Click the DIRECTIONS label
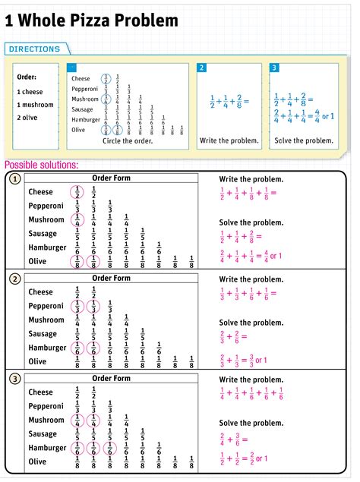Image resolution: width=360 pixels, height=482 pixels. pyautogui.click(x=34, y=49)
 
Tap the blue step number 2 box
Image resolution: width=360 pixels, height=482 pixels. pyautogui.click(x=202, y=68)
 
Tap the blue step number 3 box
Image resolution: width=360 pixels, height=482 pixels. pyautogui.click(x=274, y=68)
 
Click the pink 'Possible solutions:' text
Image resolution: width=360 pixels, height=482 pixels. pyautogui.click(x=42, y=165)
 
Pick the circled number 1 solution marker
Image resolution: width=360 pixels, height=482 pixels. pyautogui.click(x=14, y=179)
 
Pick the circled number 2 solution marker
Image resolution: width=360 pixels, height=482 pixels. pyautogui.click(x=14, y=279)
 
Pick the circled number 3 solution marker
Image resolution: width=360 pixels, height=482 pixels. pyautogui.click(x=14, y=379)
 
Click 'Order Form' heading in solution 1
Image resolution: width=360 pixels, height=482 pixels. pyautogui.click(x=111, y=178)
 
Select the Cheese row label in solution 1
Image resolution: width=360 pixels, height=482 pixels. pyautogui.click(x=41, y=192)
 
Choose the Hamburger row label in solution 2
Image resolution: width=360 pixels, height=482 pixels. pyautogui.click(x=48, y=348)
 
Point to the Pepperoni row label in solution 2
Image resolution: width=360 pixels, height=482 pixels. pyautogui.click(x=46, y=306)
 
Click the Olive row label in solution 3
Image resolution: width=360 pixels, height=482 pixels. pyautogui.click(x=38, y=462)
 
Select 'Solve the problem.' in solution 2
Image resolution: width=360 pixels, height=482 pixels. pyautogui.click(x=251, y=323)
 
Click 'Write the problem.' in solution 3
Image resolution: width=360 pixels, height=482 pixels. pyautogui.click(x=251, y=380)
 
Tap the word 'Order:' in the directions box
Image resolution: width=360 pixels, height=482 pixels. pyautogui.click(x=27, y=77)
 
